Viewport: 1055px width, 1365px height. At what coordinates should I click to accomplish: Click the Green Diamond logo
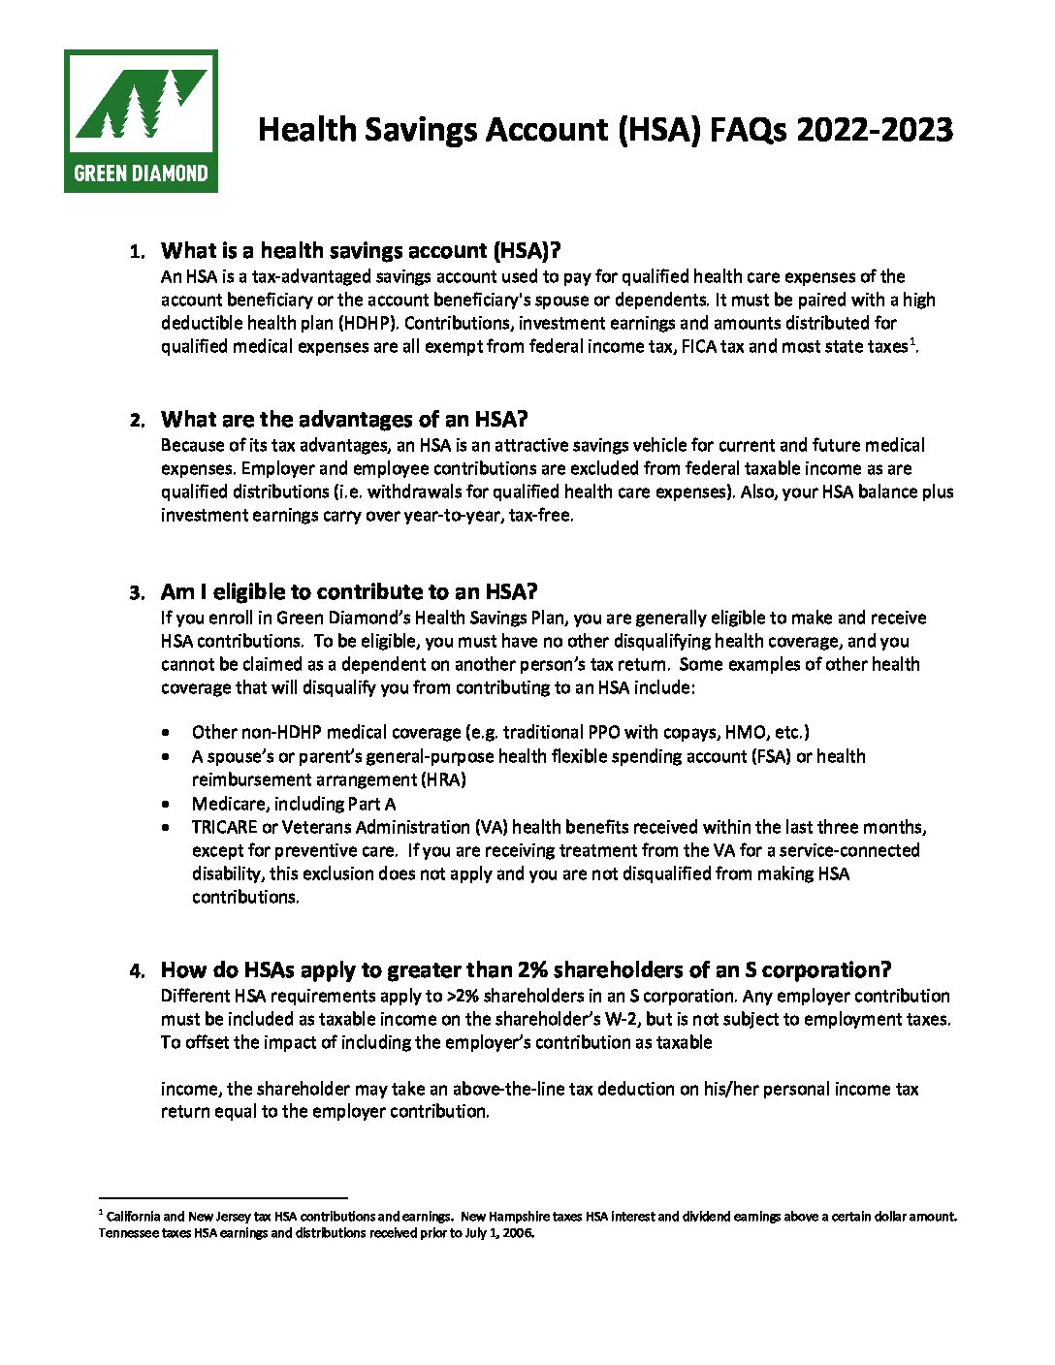pyautogui.click(x=141, y=121)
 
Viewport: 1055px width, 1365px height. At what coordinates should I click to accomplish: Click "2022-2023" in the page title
pyautogui.click(x=875, y=130)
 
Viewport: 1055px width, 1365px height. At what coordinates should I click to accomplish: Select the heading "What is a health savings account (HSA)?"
pyautogui.click(x=361, y=251)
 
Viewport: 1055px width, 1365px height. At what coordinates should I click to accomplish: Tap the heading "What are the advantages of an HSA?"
pyautogui.click(x=344, y=420)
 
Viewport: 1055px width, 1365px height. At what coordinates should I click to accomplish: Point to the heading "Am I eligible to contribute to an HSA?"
pyautogui.click(x=349, y=592)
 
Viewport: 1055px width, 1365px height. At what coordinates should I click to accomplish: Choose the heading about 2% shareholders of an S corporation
pyautogui.click(x=526, y=970)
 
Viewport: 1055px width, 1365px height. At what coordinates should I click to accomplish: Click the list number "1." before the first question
pyautogui.click(x=137, y=253)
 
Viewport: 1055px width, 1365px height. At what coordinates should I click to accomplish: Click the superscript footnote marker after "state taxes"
pyautogui.click(x=911, y=341)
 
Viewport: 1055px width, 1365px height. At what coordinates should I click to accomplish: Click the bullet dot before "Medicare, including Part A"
pyautogui.click(x=170, y=805)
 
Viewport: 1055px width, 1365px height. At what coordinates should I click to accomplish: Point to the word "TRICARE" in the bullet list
pyautogui.click(x=224, y=827)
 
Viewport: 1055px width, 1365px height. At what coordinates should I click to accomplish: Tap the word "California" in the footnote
pyautogui.click(x=133, y=1216)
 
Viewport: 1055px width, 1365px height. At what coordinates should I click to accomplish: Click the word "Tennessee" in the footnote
pyautogui.click(x=126, y=1233)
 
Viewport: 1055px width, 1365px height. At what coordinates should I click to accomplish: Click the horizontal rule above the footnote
pyautogui.click(x=223, y=1198)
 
